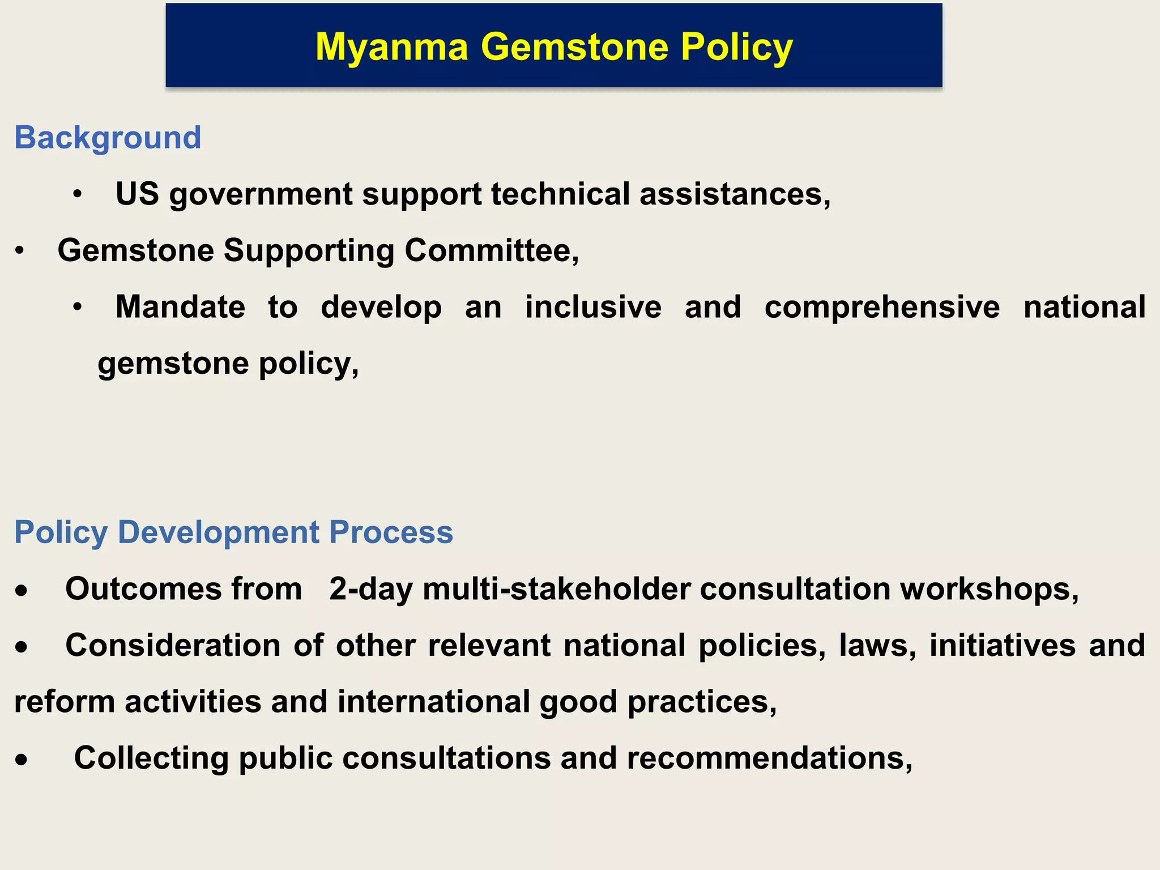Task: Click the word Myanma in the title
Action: click(x=391, y=47)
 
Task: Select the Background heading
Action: click(x=108, y=138)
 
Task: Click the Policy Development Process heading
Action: click(x=233, y=532)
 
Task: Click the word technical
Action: click(x=561, y=194)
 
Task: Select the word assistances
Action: click(x=735, y=194)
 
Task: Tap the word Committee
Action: click(x=491, y=250)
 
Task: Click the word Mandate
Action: click(x=180, y=307)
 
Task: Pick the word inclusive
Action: click(x=593, y=307)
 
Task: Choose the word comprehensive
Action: click(x=882, y=307)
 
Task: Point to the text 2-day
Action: click(x=371, y=589)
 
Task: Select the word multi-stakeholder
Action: click(x=557, y=589)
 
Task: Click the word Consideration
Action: click(x=173, y=645)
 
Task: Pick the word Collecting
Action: click(x=151, y=758)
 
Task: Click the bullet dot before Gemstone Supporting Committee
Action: click(x=20, y=251)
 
